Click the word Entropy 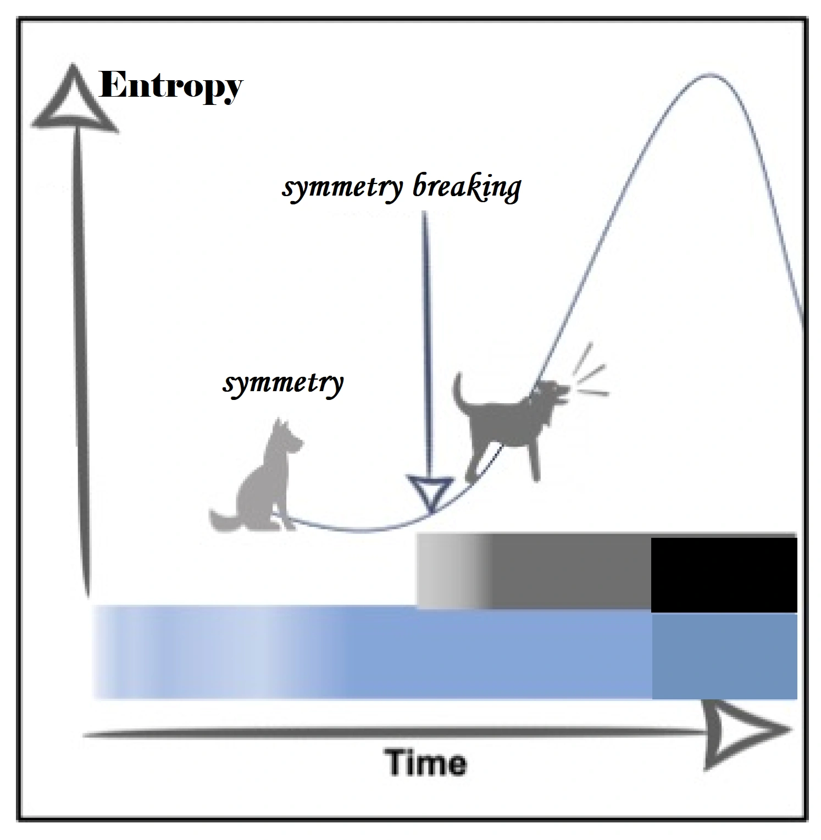point(171,87)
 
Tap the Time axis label point(426,763)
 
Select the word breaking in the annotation point(466,188)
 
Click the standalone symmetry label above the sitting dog point(283,382)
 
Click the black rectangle point(724,575)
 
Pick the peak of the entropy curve point(709,74)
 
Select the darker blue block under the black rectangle point(724,656)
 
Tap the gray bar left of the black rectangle point(533,571)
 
